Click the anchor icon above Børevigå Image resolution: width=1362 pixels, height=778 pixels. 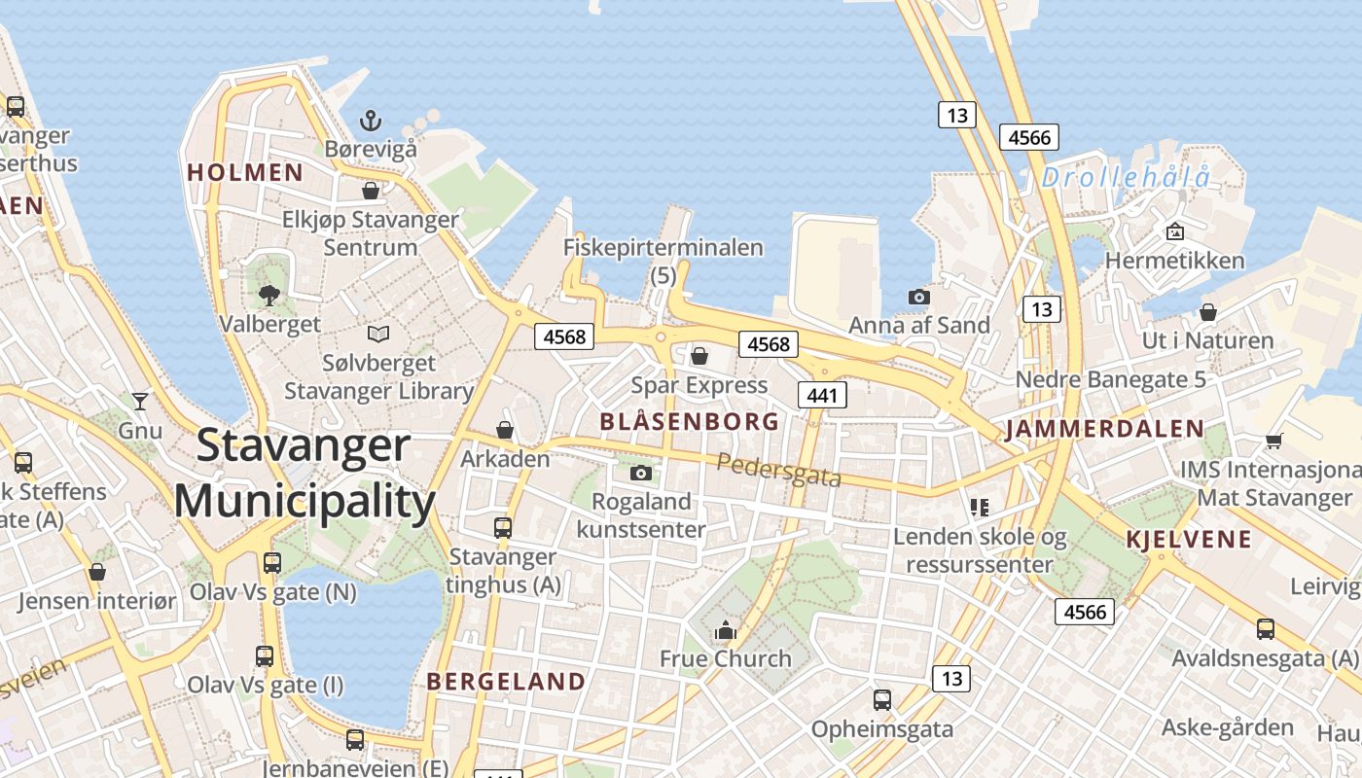[370, 121]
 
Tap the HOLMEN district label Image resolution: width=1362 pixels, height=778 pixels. [245, 173]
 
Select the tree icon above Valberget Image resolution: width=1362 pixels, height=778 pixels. [269, 295]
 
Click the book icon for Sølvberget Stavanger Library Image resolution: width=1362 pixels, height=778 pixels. [377, 335]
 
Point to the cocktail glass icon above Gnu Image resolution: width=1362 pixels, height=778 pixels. [140, 401]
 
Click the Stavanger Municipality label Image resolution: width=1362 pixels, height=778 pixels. [305, 474]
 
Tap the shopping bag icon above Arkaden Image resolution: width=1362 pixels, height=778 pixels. [505, 429]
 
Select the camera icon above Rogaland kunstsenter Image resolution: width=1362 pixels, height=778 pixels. [640, 474]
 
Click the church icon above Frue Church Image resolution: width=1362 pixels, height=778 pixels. [725, 631]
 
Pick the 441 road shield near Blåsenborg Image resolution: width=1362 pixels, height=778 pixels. [821, 394]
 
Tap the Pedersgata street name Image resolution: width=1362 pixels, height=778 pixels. [778, 471]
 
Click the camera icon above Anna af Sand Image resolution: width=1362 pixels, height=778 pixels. [918, 297]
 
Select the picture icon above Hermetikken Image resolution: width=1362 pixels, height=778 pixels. [1174, 231]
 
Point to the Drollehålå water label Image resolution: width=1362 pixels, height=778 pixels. [1127, 178]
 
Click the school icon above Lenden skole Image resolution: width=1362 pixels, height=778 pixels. [979, 507]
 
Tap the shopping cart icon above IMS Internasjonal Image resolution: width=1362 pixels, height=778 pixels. [1273, 441]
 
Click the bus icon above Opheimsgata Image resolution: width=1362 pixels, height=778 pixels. [881, 699]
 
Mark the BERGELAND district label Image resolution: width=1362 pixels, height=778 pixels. [506, 682]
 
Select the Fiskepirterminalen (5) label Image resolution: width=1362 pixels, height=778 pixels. [663, 261]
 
